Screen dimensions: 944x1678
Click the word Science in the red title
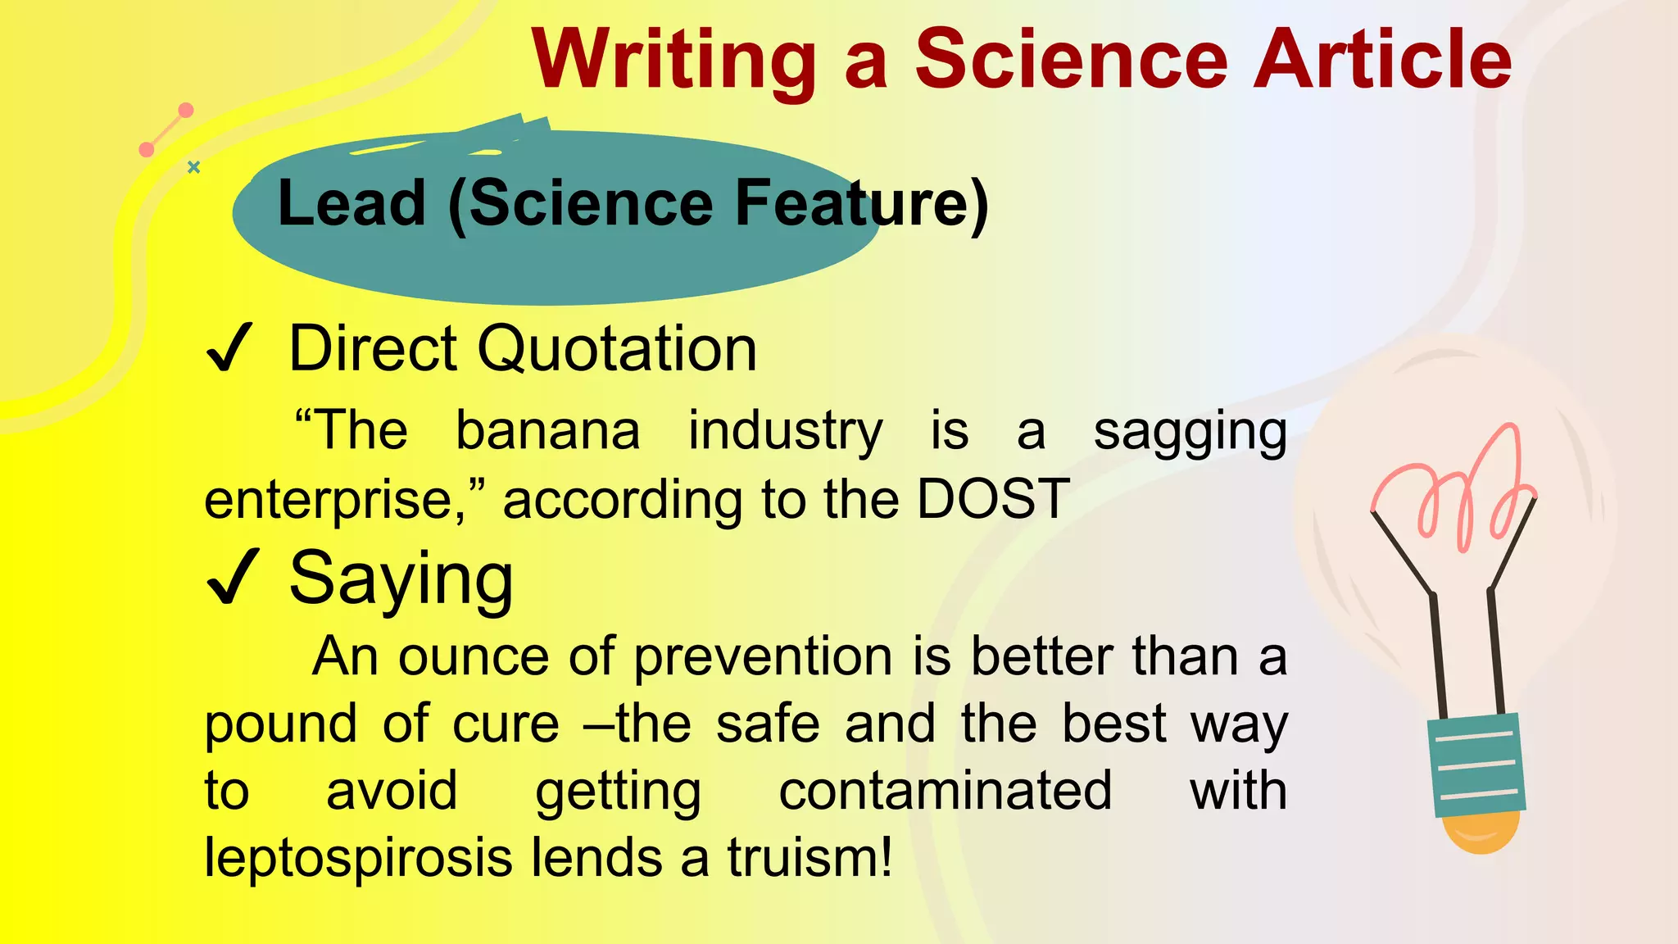(x=1070, y=59)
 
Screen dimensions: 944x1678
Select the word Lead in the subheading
(x=352, y=203)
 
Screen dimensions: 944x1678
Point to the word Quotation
(x=616, y=349)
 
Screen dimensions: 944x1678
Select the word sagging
(x=1190, y=433)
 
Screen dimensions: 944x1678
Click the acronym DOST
(x=992, y=498)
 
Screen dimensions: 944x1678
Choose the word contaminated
(x=945, y=791)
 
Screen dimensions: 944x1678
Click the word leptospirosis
(x=361, y=859)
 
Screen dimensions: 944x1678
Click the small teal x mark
(x=193, y=167)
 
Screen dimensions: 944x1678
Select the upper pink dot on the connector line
(x=186, y=111)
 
